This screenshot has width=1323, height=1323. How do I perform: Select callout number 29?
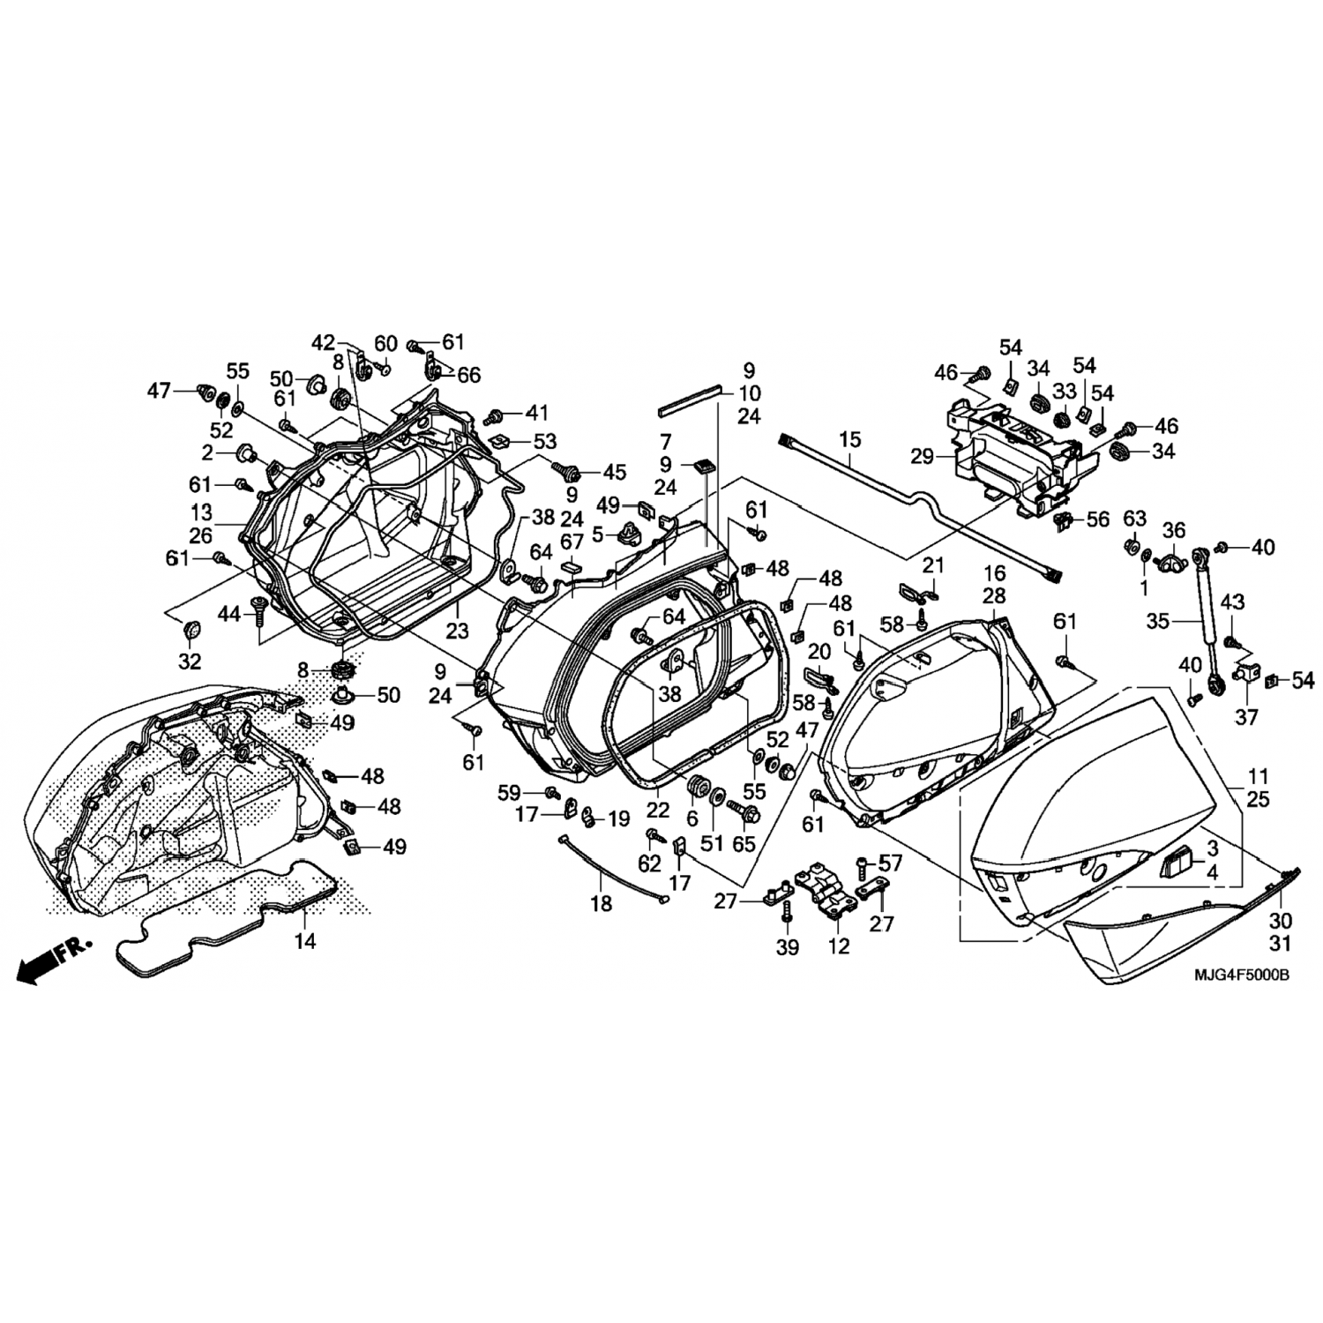pyautogui.click(x=922, y=456)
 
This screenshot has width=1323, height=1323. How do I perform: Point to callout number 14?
pyautogui.click(x=304, y=941)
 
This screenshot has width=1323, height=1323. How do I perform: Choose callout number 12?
pyautogui.click(x=839, y=946)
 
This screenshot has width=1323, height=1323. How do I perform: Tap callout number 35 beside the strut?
pyautogui.click(x=1157, y=622)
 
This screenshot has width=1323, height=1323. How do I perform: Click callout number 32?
pyautogui.click(x=190, y=661)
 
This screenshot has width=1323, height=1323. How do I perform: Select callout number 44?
pyautogui.click(x=229, y=614)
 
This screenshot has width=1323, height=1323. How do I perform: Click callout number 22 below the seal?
pyautogui.click(x=657, y=811)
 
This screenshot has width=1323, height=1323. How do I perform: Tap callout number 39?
pyautogui.click(x=787, y=946)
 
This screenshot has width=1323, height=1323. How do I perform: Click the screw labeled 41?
pyautogui.click(x=495, y=415)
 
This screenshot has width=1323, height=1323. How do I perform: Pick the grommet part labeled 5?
pyautogui.click(x=628, y=531)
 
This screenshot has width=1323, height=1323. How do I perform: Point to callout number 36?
pyautogui.click(x=1173, y=529)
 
